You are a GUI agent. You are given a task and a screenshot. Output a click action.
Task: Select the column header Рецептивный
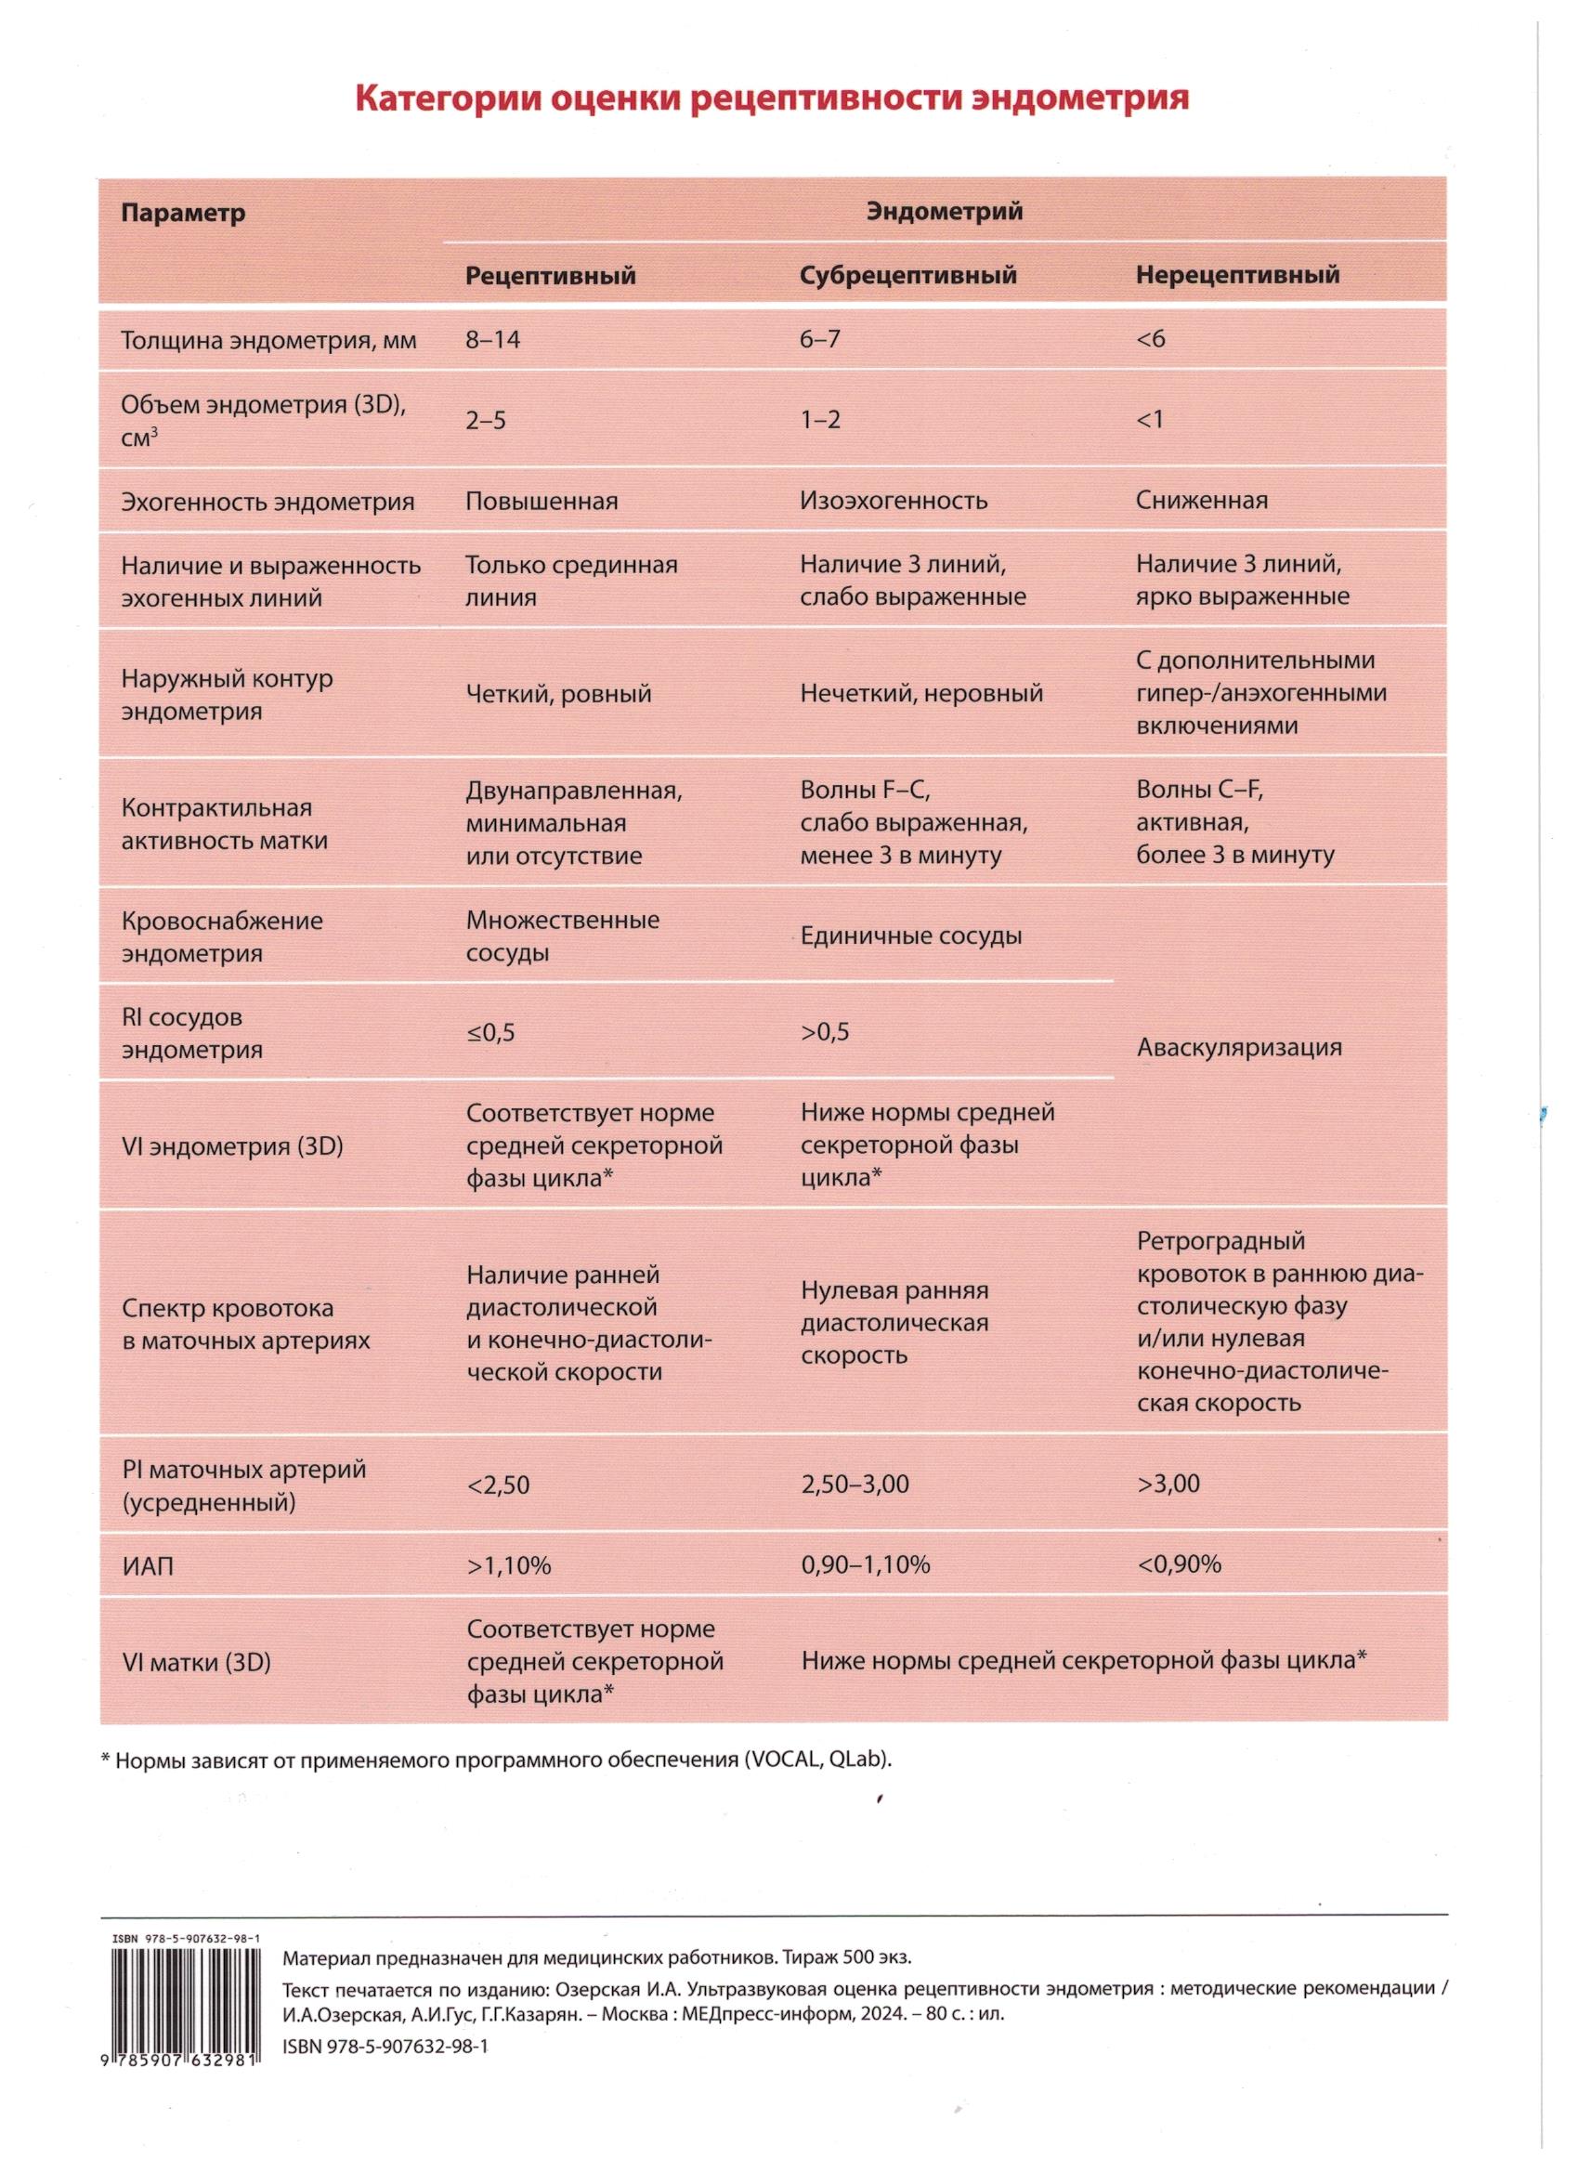551,276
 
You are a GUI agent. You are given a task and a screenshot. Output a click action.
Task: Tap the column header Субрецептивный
907,276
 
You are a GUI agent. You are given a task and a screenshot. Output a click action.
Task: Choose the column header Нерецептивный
1237,275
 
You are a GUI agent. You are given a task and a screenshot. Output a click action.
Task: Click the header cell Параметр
183,213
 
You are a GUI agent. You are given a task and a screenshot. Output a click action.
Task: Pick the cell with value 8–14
493,339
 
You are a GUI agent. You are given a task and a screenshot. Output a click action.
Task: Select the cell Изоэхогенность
894,501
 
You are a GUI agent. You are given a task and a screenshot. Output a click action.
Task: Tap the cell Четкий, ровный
558,693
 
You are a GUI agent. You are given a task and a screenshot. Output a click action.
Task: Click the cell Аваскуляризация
1239,1047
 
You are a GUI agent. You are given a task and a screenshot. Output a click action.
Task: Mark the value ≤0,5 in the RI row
490,1032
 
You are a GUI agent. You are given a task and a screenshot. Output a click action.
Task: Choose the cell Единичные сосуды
910,936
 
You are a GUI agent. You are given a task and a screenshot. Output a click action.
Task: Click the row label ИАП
149,1566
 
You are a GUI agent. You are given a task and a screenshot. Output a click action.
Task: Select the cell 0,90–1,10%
865,1564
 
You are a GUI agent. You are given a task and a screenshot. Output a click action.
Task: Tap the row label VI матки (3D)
196,1663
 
